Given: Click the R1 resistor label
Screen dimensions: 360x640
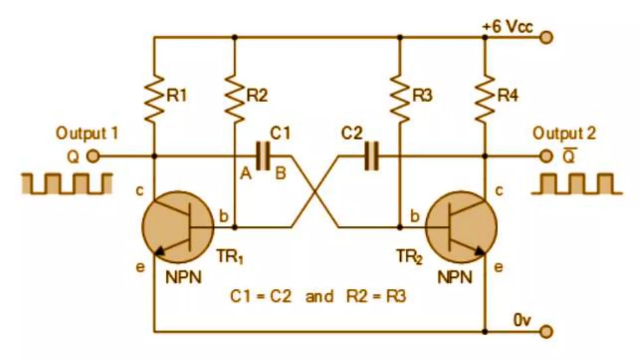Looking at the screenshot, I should point(177,95).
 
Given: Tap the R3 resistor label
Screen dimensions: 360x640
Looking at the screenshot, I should point(422,95).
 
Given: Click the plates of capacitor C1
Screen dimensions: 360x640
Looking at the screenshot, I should point(263,156).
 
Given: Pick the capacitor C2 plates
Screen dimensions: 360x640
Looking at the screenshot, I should point(372,156).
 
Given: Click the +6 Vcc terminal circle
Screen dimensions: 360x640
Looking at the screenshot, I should point(546,37).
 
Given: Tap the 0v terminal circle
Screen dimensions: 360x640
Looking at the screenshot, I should point(546,332).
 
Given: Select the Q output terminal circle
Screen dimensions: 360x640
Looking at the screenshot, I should point(92,156).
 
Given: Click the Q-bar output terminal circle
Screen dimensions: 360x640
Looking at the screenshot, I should point(546,156).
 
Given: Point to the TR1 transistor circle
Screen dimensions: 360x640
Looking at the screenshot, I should point(177,227).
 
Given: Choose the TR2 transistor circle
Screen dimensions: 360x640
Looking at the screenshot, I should point(461,227).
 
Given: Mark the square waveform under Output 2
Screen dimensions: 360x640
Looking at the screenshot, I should point(577,184).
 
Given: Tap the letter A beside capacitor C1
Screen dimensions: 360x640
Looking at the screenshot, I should point(246,173).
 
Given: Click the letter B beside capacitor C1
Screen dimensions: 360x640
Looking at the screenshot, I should point(281,173).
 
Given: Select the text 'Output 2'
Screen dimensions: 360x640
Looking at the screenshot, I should point(564,133).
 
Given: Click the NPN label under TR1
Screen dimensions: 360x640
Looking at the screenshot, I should point(183,277).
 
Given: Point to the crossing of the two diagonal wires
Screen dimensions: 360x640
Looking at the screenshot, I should point(315,192).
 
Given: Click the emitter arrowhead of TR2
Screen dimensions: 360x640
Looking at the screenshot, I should point(480,251).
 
